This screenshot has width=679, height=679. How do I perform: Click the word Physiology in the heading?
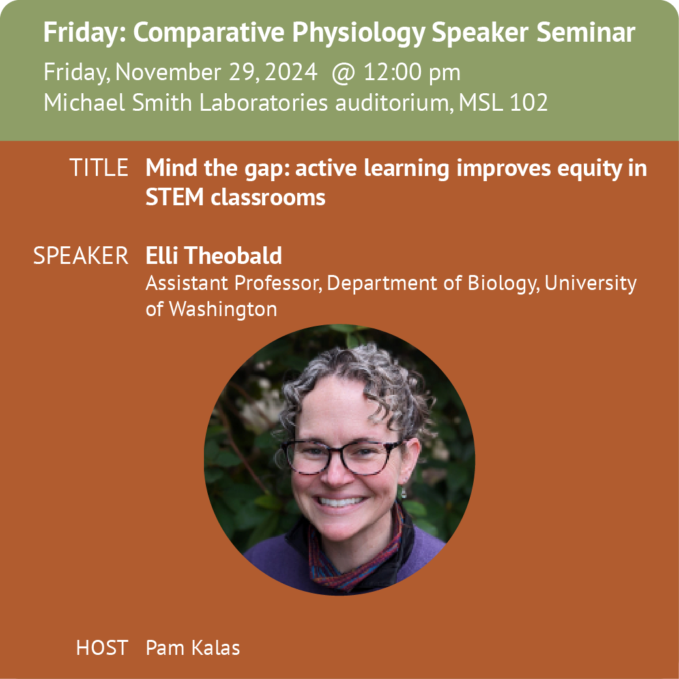pyautogui.click(x=358, y=33)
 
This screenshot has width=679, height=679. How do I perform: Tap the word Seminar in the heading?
pyautogui.click(x=585, y=33)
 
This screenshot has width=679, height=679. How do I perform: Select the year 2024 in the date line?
pyautogui.click(x=291, y=72)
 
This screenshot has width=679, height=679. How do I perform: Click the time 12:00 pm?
pyautogui.click(x=412, y=72)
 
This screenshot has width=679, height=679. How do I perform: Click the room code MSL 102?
pyautogui.click(x=503, y=103)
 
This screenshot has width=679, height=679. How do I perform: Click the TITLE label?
pyautogui.click(x=99, y=167)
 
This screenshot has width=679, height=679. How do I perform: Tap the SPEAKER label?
pyautogui.click(x=81, y=255)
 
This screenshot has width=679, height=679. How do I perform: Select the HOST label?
pyautogui.click(x=102, y=648)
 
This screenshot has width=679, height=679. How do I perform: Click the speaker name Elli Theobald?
pyautogui.click(x=214, y=255)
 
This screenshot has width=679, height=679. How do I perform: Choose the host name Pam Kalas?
pyautogui.click(x=193, y=648)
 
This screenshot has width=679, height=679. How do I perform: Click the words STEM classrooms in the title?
pyautogui.click(x=235, y=197)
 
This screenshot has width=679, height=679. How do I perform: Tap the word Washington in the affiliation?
pyautogui.click(x=223, y=310)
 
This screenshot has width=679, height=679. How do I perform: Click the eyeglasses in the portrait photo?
pyautogui.click(x=341, y=456)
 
